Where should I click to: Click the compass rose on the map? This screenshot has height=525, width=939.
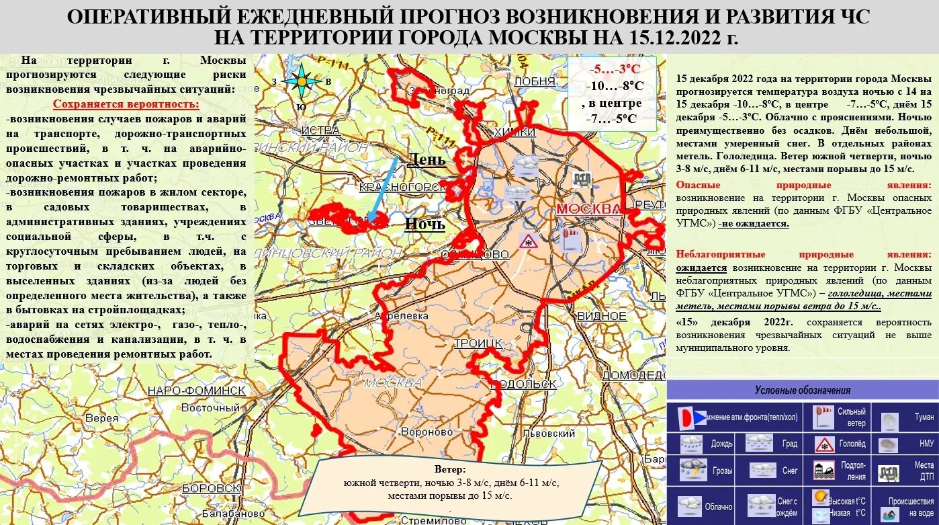302,82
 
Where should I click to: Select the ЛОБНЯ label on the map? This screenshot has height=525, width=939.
535,81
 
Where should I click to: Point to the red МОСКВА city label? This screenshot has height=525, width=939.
588,209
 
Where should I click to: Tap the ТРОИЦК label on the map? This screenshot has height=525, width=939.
478,344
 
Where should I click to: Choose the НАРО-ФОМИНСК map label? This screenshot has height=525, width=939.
196,391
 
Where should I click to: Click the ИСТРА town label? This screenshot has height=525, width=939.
320,129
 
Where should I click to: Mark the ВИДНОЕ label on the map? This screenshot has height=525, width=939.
601,316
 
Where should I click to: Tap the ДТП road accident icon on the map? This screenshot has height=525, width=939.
581,180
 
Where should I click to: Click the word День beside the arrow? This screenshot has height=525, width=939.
426,160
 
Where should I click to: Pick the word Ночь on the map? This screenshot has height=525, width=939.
424,224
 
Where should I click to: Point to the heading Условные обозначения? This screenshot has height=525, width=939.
802,391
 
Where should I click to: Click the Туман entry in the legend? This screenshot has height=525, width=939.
924,417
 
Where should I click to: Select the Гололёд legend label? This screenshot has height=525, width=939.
851,444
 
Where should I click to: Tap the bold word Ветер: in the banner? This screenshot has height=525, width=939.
449,469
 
